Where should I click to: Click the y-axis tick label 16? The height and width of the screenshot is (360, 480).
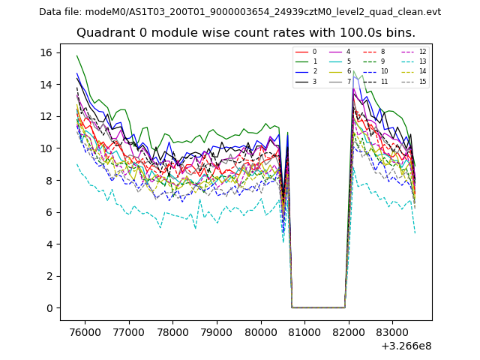click(x=46, y=52)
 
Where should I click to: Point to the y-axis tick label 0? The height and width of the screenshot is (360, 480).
click(x=49, y=308)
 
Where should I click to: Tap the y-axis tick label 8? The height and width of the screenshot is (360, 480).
click(x=49, y=181)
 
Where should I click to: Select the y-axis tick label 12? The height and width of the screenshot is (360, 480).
click(x=46, y=116)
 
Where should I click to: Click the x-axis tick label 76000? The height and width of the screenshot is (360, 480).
click(x=84, y=331)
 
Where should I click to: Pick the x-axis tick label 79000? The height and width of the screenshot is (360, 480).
click(x=217, y=331)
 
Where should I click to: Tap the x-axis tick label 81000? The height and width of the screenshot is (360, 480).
click(x=305, y=331)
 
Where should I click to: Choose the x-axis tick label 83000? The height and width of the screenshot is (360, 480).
click(x=394, y=331)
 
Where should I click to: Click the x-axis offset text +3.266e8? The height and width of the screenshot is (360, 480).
click(x=406, y=346)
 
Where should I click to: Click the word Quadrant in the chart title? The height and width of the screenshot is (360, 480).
click(x=103, y=33)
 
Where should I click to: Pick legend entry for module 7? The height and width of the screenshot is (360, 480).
click(x=348, y=81)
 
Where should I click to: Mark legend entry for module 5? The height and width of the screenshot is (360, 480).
click(x=348, y=61)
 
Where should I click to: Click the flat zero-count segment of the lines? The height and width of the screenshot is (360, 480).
click(x=318, y=307)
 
